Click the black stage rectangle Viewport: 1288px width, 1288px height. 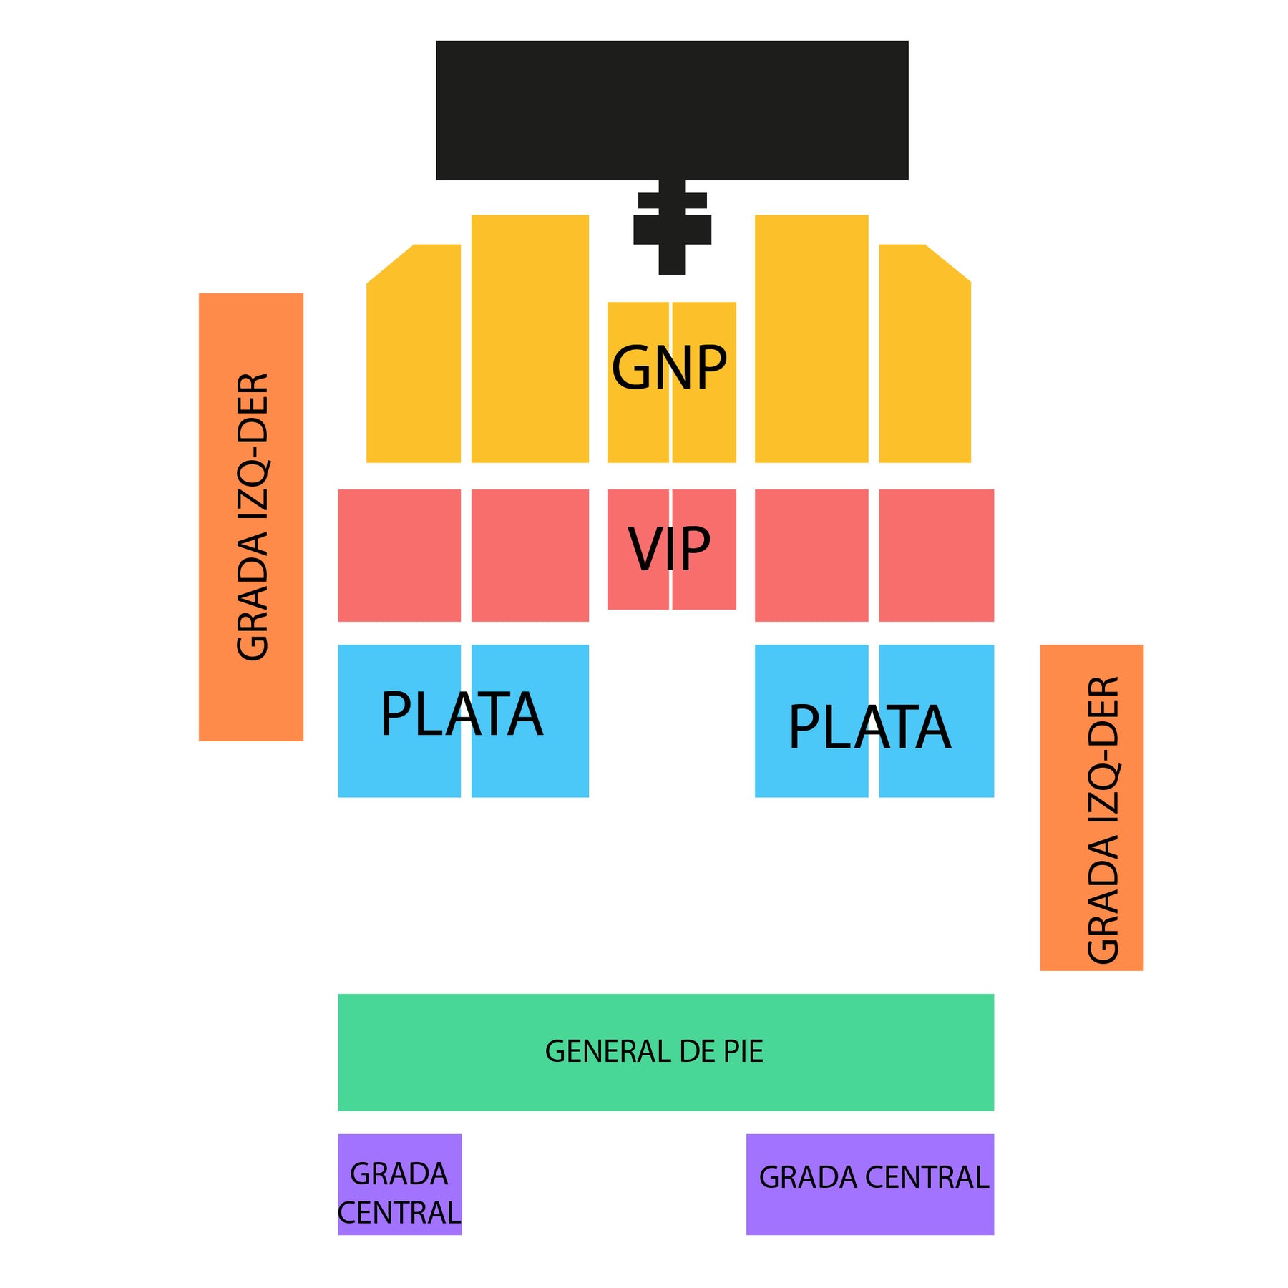[x=672, y=110]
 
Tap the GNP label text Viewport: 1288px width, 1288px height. [x=669, y=368]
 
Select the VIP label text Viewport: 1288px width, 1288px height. [x=669, y=549]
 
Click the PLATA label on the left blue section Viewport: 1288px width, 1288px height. [x=462, y=713]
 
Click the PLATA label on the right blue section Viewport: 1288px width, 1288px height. [x=870, y=727]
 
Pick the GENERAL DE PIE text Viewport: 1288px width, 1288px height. [x=654, y=1051]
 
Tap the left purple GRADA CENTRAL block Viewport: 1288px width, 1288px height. [x=400, y=1184]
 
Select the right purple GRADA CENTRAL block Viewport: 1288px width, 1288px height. [x=870, y=1184]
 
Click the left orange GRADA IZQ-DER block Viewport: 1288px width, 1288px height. [x=251, y=517]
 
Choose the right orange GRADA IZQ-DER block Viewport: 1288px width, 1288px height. [x=1092, y=808]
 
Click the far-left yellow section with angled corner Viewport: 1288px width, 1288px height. [x=414, y=354]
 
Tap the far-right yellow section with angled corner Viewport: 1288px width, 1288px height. [x=924, y=354]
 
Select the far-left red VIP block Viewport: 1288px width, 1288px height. [x=399, y=555]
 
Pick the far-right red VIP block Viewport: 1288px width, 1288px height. [x=937, y=555]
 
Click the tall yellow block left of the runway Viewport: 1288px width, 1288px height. [x=530, y=338]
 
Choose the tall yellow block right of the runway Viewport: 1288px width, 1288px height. [x=812, y=338]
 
